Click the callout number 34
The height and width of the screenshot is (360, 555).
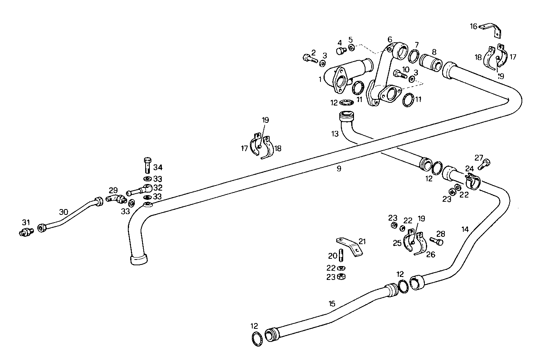158,167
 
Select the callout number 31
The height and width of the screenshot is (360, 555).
26,223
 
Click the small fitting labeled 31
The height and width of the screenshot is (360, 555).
26,232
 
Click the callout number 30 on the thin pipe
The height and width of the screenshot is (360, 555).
64,211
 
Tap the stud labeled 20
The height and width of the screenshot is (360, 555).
342,255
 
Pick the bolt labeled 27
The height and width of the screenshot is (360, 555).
484,165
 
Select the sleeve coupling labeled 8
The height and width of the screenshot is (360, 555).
431,61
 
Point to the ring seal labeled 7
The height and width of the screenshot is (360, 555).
414,55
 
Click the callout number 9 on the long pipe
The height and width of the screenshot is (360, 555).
339,168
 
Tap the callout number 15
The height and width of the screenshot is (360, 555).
332,303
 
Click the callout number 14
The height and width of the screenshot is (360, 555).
465,229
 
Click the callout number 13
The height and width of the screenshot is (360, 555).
335,134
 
